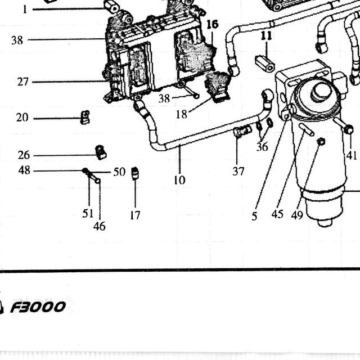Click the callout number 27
pyautogui.click(x=22, y=82)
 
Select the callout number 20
pyautogui.click(x=22, y=118)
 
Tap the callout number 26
pyautogui.click(x=24, y=155)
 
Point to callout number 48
pyautogui.click(x=24, y=170)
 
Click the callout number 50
pyautogui.click(x=119, y=172)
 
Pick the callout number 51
pyautogui.click(x=88, y=214)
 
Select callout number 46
pyautogui.click(x=100, y=226)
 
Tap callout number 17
pyautogui.click(x=135, y=215)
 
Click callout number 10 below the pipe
pyautogui.click(x=179, y=180)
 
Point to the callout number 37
pyautogui.click(x=238, y=171)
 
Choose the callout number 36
pyautogui.click(x=262, y=146)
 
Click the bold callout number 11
pyautogui.click(x=266, y=36)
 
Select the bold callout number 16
pyautogui.click(x=213, y=24)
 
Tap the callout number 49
pyautogui.click(x=297, y=215)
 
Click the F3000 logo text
pyautogui.click(x=38, y=307)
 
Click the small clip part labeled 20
pyautogui.click(x=85, y=118)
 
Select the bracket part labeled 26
pyautogui.click(x=101, y=152)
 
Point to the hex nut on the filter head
pyautogui.click(x=321, y=92)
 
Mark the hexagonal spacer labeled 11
pyautogui.click(x=265, y=63)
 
